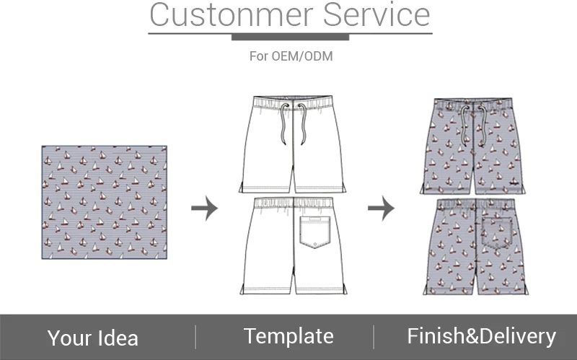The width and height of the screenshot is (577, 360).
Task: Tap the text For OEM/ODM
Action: pyautogui.click(x=291, y=56)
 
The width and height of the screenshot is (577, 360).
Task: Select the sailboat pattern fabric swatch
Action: pyautogui.click(x=105, y=202)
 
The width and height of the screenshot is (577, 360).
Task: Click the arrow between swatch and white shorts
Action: pyautogui.click(x=204, y=210)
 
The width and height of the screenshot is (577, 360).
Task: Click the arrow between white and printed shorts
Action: pyautogui.click(x=381, y=210)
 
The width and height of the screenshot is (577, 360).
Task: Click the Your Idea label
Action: pyautogui.click(x=92, y=338)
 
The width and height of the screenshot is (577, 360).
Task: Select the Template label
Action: pyautogui.click(x=288, y=336)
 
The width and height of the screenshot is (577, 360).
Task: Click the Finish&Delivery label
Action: pyautogui.click(x=481, y=336)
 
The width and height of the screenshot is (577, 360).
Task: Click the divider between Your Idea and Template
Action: pyautogui.click(x=195, y=337)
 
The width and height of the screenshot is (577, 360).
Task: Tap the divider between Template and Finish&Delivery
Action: pyautogui.click(x=374, y=337)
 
